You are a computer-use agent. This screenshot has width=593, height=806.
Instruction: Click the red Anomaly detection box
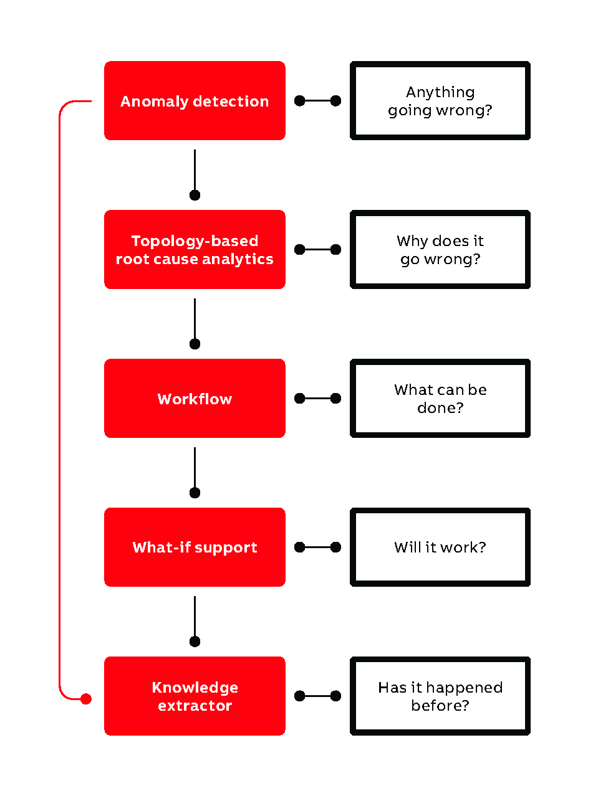point(195,101)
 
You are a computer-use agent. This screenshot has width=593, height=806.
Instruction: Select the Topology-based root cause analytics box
point(195,250)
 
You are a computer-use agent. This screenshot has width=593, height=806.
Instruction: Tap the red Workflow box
point(195,399)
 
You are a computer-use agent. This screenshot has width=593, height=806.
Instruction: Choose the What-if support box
point(195,548)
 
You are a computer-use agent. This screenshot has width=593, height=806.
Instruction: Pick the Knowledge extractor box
point(195,696)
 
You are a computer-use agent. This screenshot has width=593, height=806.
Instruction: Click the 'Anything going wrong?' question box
point(440,101)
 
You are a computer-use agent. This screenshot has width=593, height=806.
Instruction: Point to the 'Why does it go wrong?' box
point(440,250)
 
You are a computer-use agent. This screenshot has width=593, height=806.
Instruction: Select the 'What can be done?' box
point(440,399)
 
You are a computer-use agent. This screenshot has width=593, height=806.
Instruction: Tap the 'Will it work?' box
point(440,548)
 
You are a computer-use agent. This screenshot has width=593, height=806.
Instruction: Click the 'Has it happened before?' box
point(440,696)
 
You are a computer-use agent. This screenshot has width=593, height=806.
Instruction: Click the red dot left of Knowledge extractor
point(86,699)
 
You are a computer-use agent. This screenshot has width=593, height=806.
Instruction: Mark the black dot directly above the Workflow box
point(195,344)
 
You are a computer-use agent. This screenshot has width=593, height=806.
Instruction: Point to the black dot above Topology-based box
point(195,195)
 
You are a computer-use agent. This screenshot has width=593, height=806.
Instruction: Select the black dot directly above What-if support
point(195,493)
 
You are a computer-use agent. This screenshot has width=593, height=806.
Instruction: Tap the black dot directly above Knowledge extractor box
point(195,642)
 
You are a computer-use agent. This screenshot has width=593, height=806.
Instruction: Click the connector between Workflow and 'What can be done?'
point(317,399)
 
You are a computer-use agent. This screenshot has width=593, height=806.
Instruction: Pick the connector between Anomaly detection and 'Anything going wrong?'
point(317,101)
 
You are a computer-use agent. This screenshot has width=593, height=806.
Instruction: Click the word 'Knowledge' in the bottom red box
point(195,688)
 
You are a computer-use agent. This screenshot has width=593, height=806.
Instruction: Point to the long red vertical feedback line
point(59,399)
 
